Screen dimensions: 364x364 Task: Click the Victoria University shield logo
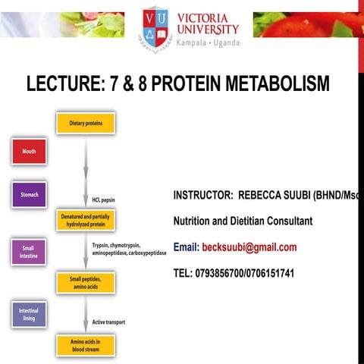(x=155, y=27)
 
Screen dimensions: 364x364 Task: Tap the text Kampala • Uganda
(x=207, y=43)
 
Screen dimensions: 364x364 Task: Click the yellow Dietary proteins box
(x=85, y=123)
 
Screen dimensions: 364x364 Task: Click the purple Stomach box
(x=29, y=195)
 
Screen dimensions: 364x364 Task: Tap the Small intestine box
(x=28, y=252)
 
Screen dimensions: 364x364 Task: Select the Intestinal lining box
(x=28, y=314)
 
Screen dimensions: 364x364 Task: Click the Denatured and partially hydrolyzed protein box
(x=85, y=220)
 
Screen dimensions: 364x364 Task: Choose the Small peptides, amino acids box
(x=85, y=283)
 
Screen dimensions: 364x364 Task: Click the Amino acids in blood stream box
(x=85, y=346)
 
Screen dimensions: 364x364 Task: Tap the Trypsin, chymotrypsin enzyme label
(x=119, y=246)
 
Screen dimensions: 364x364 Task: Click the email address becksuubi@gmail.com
(x=249, y=247)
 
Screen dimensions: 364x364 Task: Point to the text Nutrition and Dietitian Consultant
(x=243, y=221)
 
